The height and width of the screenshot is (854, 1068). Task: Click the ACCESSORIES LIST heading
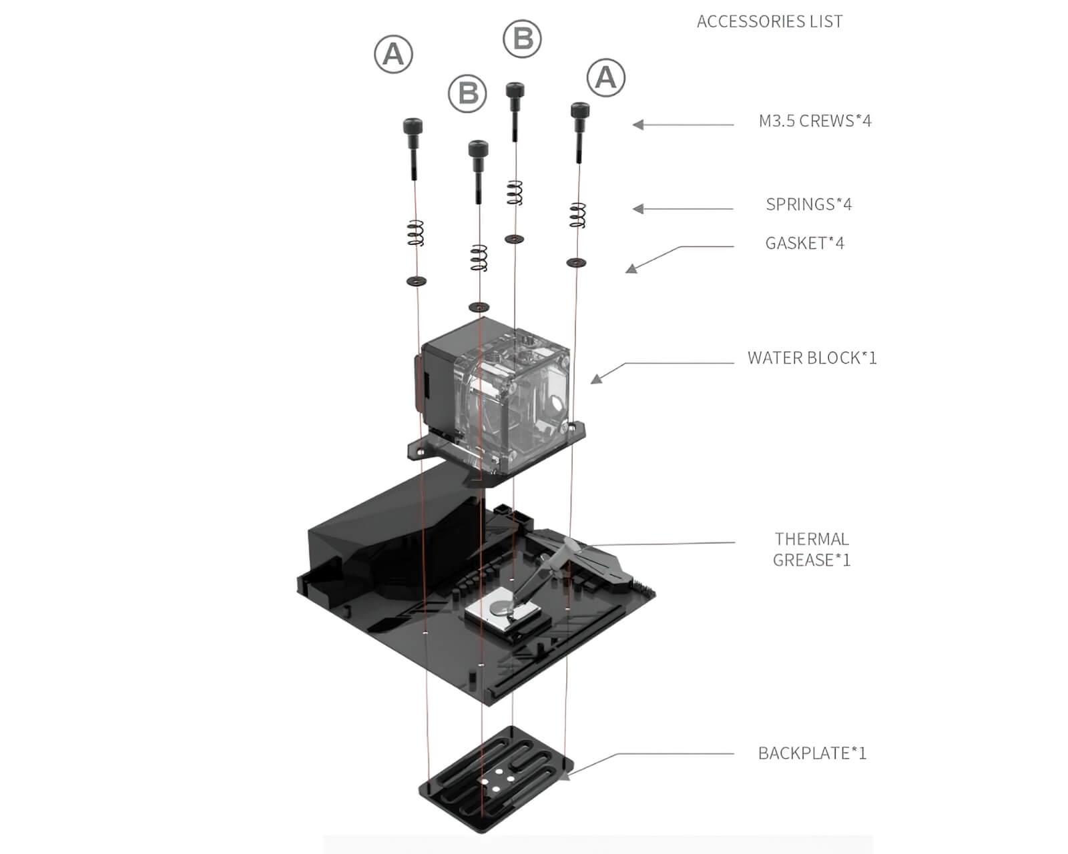point(769,22)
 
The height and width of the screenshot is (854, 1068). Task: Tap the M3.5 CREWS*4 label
point(814,121)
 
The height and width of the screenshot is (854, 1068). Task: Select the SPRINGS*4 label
point(808,204)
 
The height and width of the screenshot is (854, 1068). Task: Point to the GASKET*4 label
point(804,244)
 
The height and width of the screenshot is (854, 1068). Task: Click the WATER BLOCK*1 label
point(812,358)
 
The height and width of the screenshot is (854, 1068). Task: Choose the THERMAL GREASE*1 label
point(812,549)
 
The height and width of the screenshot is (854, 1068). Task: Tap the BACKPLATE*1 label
point(812,753)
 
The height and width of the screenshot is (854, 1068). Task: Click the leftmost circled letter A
point(393,54)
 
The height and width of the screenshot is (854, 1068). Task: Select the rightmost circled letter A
point(605,77)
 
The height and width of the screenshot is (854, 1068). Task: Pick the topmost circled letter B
point(522,39)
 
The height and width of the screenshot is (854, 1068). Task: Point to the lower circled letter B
point(468,93)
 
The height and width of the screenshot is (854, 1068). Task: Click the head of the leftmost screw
point(413,126)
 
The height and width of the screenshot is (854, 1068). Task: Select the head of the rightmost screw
point(579,110)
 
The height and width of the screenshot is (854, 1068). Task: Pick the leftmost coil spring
point(415,233)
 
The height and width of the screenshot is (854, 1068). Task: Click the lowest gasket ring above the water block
point(479,307)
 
